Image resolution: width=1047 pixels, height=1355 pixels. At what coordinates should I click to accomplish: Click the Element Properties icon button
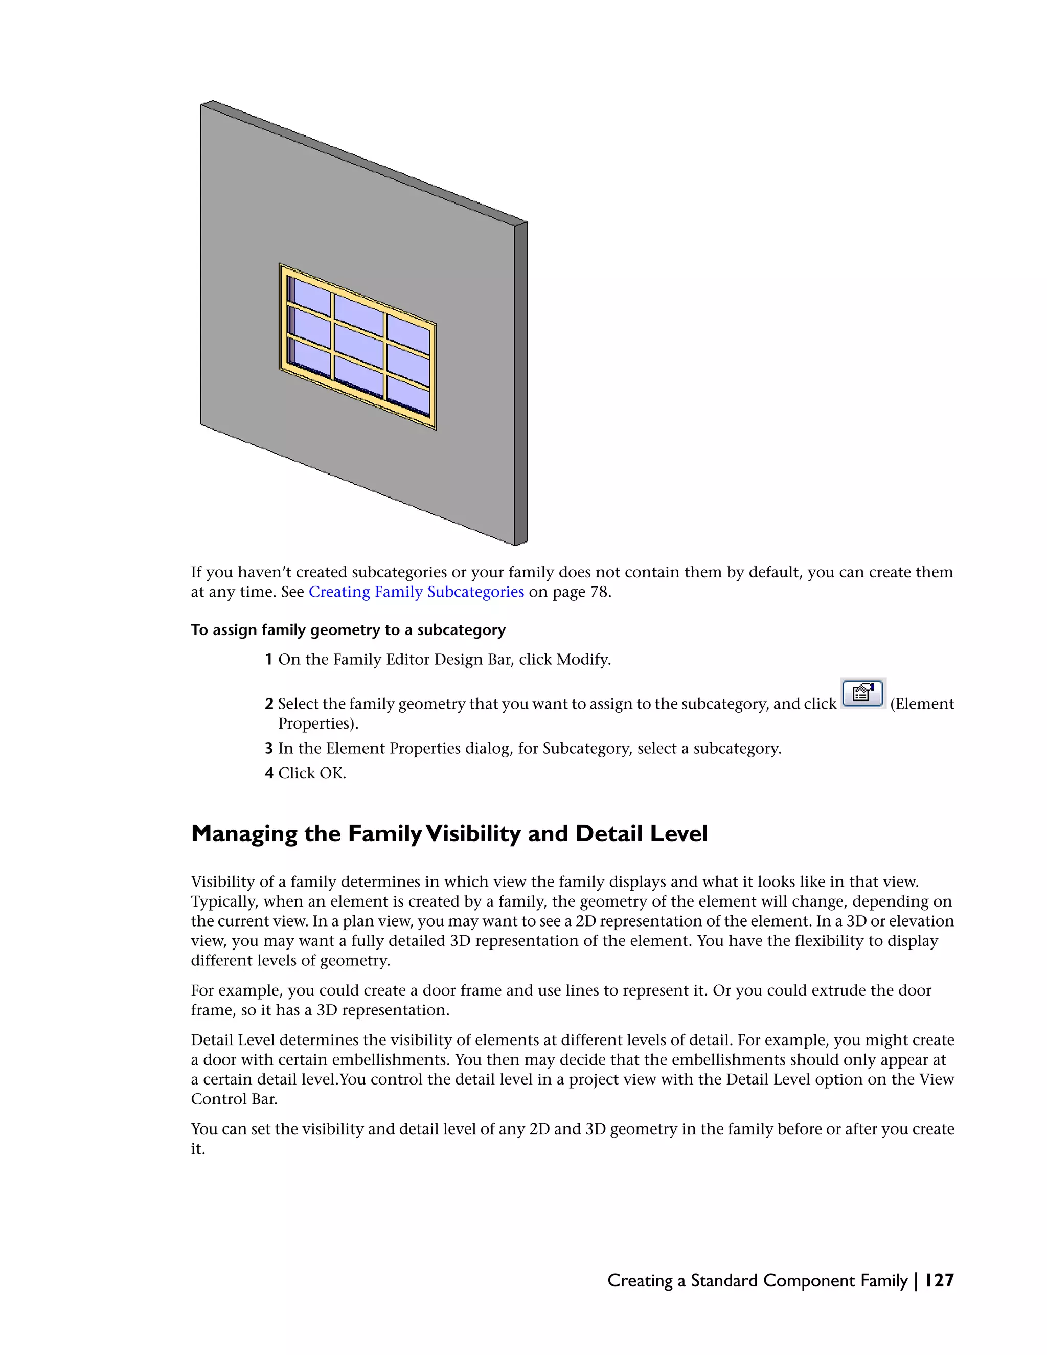pos(863,694)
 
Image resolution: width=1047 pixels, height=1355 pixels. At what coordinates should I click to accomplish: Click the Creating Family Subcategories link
pos(416,592)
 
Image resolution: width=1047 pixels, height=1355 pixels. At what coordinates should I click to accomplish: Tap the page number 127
pos(939,1280)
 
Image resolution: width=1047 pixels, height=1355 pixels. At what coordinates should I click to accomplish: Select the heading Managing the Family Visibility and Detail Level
pos(449,833)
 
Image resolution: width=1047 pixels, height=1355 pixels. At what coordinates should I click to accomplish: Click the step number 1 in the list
pos(268,660)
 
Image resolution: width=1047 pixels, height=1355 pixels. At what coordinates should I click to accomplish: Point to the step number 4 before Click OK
pos(268,773)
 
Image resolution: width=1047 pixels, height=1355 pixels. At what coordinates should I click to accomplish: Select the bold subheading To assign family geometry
pos(348,630)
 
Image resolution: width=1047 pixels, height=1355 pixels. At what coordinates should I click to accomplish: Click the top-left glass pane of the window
pos(311,296)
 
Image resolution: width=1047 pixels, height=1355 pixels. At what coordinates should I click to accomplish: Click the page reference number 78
pos(599,592)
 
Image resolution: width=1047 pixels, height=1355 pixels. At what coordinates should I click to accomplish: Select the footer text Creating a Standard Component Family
pos(757,1280)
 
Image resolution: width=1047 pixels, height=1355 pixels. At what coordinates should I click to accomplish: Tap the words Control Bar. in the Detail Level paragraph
pos(234,1099)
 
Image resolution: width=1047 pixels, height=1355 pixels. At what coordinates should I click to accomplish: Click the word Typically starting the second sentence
pos(218,901)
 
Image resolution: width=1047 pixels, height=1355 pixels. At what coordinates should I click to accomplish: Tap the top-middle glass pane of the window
pos(358,314)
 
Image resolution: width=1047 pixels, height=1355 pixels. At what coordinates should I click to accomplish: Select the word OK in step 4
pos(332,773)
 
